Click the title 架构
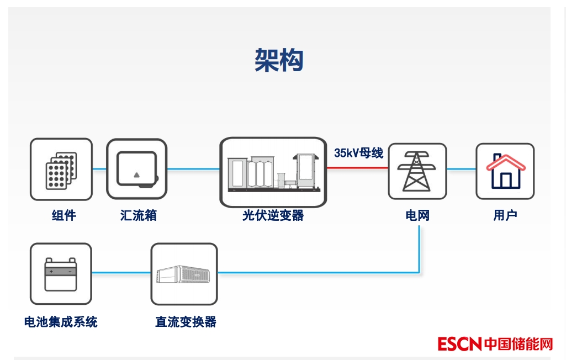tap(279, 60)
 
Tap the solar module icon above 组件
tap(61, 169)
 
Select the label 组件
tap(64, 215)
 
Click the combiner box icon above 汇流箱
tap(136, 169)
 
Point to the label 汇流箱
tap(139, 215)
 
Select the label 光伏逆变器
tap(273, 215)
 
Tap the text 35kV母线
tap(358, 153)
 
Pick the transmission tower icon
tap(417, 171)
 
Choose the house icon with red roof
tap(505, 171)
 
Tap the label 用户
tap(505, 215)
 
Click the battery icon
tap(61, 274)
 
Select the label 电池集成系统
tap(61, 322)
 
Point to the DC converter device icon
tap(184, 274)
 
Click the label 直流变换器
tap(186, 322)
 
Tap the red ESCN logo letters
tap(460, 344)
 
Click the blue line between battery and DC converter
tap(121, 272)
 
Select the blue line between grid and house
tap(461, 169)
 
